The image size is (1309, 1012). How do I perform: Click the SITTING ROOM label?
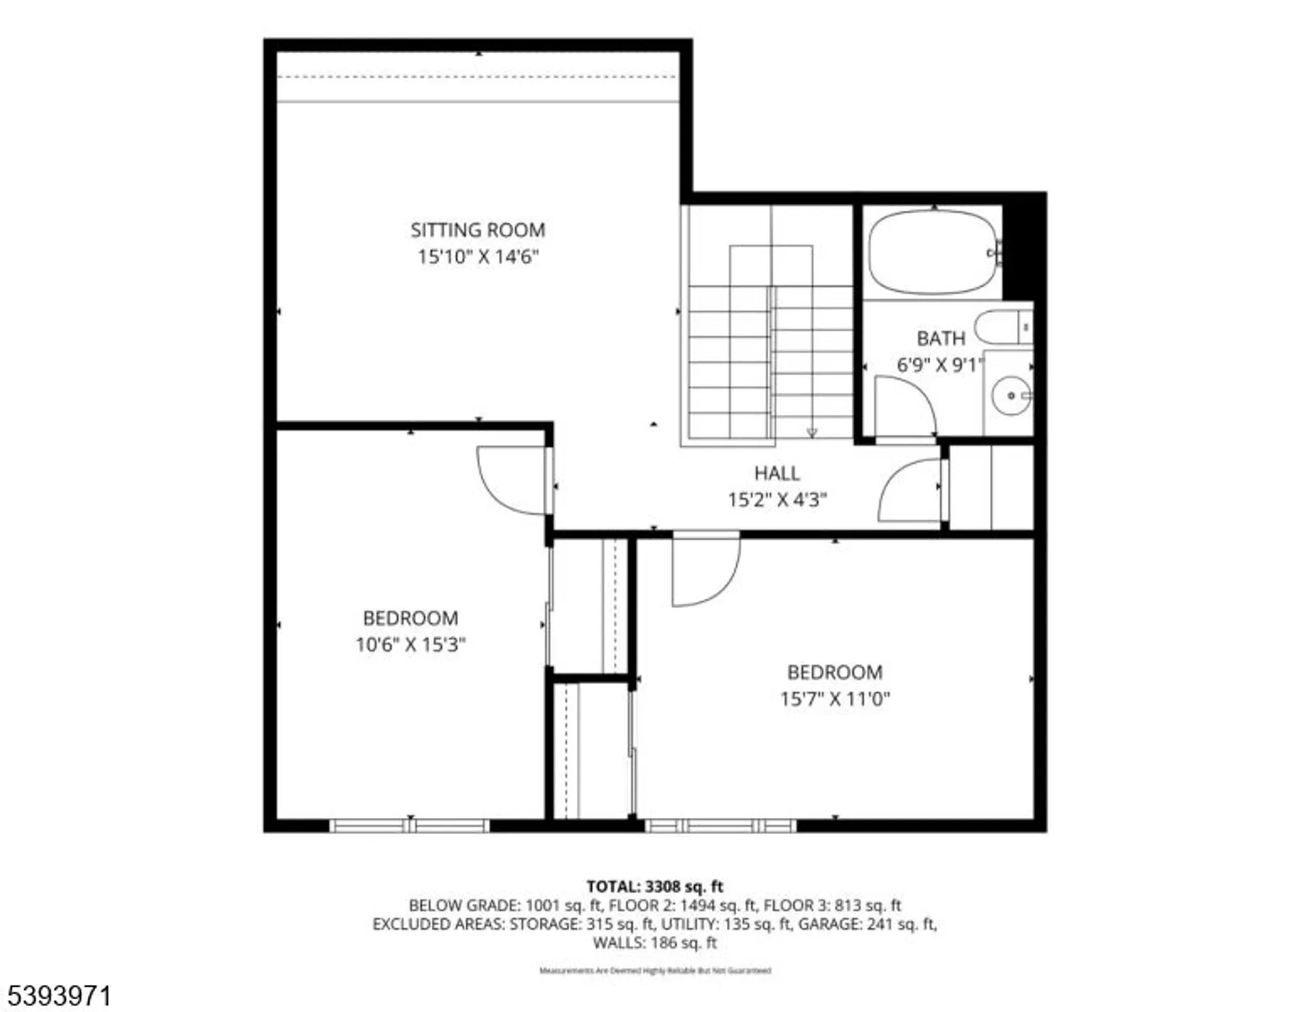coord(478,230)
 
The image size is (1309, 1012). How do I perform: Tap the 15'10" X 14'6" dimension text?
coord(478,257)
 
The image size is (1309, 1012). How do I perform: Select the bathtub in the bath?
coord(932,252)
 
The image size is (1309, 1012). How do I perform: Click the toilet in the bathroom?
coord(1003,327)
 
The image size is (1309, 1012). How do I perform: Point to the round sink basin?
coord(1010,395)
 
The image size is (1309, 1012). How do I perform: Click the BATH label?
coord(941,338)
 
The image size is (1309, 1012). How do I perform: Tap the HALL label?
coord(777,473)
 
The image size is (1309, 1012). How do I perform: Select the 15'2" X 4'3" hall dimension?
coord(777,500)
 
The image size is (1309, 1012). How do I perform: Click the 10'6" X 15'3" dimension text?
coord(410,645)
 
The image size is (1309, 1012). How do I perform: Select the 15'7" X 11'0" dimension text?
coord(835,699)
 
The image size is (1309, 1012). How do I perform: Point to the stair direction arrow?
coord(812,432)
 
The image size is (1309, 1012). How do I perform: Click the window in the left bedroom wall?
coord(410,825)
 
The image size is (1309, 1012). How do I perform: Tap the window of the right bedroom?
coord(720,825)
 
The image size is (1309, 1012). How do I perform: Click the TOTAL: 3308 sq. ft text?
coord(654,887)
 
